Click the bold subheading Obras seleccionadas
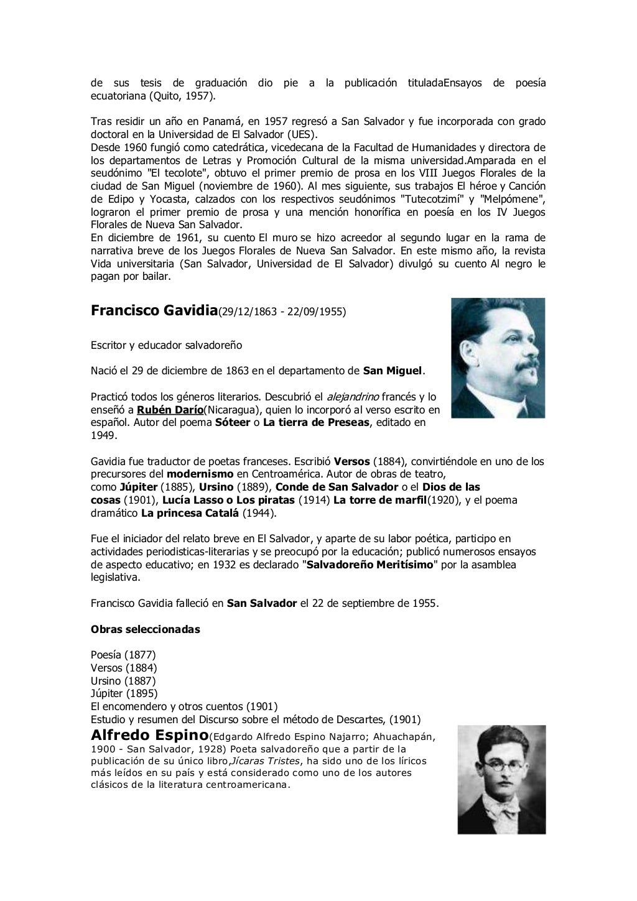[x=146, y=629]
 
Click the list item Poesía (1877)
[x=123, y=655]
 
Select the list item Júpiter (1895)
[x=124, y=693]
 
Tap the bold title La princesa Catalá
[x=190, y=513]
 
